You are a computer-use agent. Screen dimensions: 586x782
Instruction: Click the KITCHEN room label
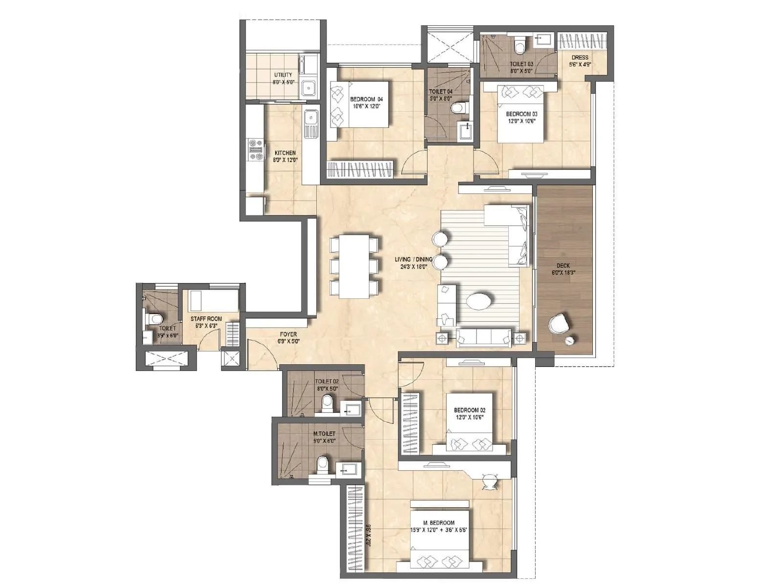coord(284,153)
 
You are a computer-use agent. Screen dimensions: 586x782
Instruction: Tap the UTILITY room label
coord(283,75)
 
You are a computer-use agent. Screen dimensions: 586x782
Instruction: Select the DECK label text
coord(563,266)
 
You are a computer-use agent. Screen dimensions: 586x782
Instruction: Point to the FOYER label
coord(288,335)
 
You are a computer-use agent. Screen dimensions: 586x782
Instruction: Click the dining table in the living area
coord(355,266)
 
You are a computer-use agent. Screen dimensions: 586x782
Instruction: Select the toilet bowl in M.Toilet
coord(323,464)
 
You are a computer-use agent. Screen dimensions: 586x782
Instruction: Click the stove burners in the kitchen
coord(256,150)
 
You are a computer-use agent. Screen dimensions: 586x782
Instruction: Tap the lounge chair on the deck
coord(559,323)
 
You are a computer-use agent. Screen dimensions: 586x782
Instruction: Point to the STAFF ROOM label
coord(206,319)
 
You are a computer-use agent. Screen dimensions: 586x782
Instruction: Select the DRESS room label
coord(580,57)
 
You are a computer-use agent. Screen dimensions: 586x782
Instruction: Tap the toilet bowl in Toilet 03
coord(520,46)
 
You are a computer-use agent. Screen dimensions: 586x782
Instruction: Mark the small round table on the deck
coord(570,340)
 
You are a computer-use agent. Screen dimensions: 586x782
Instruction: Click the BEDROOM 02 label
coord(469,410)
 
